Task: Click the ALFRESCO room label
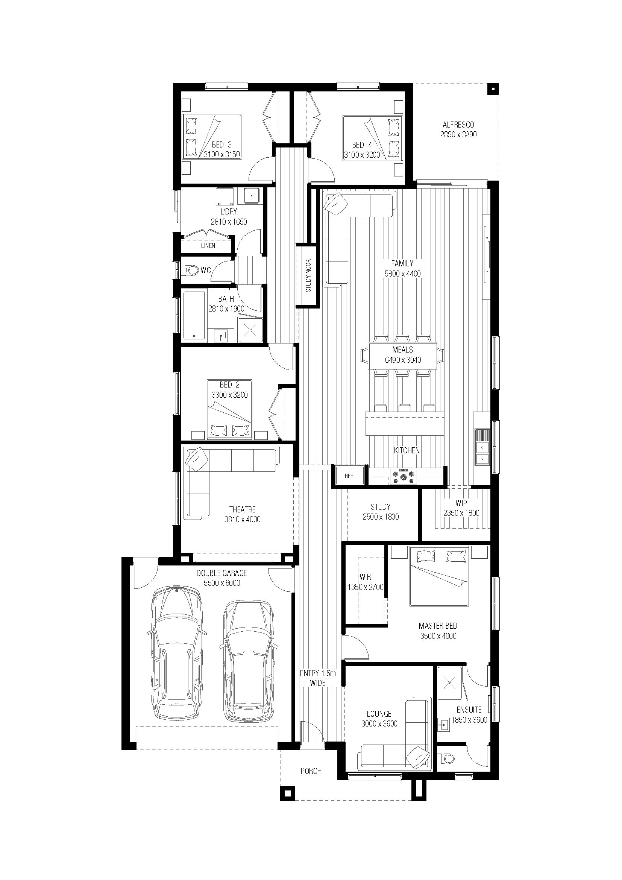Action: click(458, 125)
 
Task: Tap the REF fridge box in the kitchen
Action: click(349, 476)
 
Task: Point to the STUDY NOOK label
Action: click(308, 276)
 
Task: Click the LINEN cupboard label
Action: click(208, 246)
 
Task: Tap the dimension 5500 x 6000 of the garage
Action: click(222, 583)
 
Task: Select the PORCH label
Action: click(311, 771)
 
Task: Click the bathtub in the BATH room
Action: click(194, 316)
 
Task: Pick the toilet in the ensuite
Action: click(448, 758)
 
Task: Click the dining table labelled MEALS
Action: click(402, 356)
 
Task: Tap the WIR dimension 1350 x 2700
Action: click(366, 587)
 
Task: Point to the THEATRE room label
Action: click(242, 509)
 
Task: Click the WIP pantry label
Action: click(461, 503)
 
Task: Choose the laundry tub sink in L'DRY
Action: click(251, 196)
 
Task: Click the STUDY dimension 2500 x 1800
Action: click(381, 517)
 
